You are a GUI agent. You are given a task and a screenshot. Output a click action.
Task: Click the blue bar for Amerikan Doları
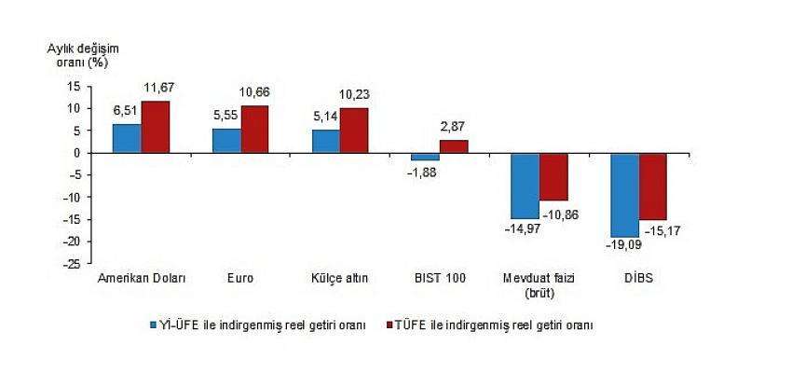pyautogui.click(x=127, y=138)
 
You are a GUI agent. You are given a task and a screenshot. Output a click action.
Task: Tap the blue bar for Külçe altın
pyautogui.click(x=325, y=141)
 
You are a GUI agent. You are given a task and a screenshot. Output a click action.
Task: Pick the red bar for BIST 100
pyautogui.click(x=454, y=146)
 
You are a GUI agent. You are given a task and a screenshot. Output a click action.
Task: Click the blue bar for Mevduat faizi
pyautogui.click(x=525, y=186)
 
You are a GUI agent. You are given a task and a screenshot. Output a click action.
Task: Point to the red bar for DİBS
pyautogui.click(x=652, y=186)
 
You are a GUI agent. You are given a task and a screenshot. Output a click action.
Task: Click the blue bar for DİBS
pyautogui.click(x=624, y=195)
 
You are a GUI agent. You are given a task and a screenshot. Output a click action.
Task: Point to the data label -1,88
pyautogui.click(x=424, y=171)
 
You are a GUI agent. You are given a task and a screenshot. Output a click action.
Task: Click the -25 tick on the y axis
pyautogui.click(x=71, y=264)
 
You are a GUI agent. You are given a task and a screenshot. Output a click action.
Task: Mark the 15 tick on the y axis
pyautogui.click(x=74, y=86)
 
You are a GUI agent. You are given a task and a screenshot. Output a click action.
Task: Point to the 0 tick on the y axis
pyautogui.click(x=77, y=153)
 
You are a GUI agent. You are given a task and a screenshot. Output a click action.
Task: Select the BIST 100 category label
pyautogui.click(x=439, y=278)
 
